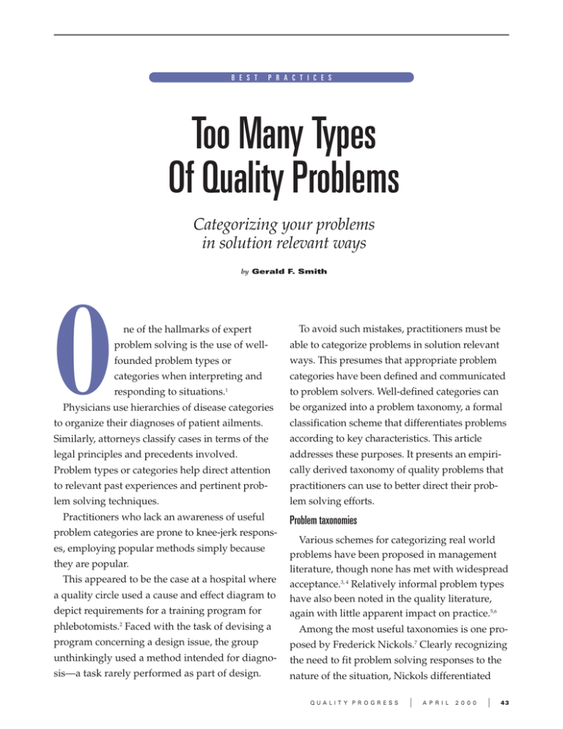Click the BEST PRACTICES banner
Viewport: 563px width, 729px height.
[x=281, y=76]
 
